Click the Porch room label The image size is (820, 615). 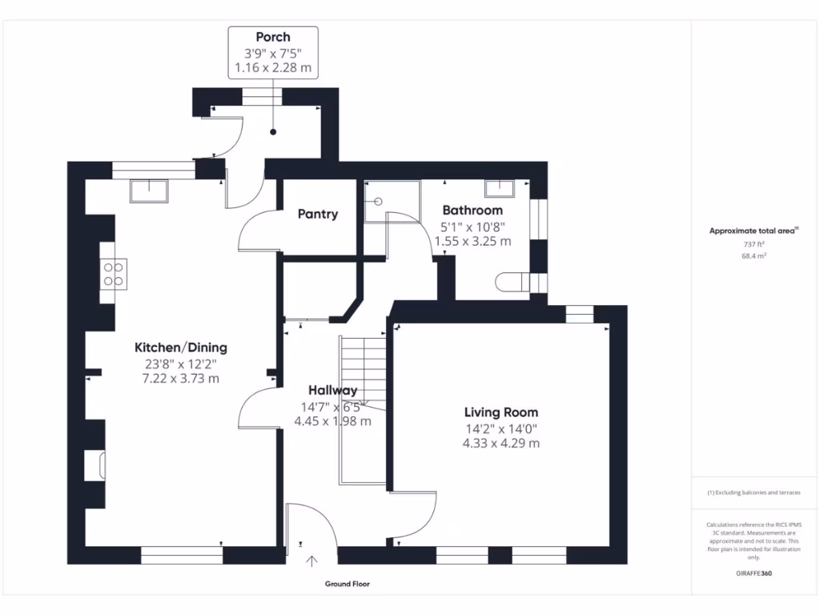[x=273, y=37]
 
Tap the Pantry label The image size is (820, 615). [x=318, y=215]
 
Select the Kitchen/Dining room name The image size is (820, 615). [x=180, y=348]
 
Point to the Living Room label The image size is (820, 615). [x=501, y=412]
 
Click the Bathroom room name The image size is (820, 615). [x=472, y=211]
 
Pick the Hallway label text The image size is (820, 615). [x=333, y=391]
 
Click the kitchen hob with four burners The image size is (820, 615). [x=112, y=275]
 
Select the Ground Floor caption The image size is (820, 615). [x=348, y=585]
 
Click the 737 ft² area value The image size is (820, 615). [x=753, y=244]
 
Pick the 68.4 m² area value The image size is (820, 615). [x=753, y=256]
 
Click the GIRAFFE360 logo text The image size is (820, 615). [x=754, y=573]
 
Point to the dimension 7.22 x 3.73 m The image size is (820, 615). [x=180, y=378]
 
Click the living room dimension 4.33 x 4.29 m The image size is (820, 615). [x=501, y=443]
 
